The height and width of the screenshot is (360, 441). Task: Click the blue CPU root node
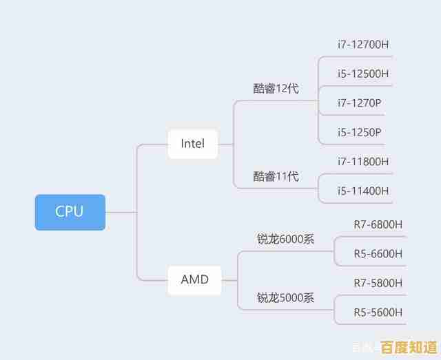pyautogui.click(x=70, y=212)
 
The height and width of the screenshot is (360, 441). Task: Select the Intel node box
pyautogui.click(x=192, y=144)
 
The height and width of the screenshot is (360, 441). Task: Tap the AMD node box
pyautogui.click(x=195, y=279)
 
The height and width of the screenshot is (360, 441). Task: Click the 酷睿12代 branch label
pyautogui.click(x=276, y=89)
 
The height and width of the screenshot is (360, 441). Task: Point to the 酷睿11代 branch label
pyautogui.click(x=276, y=176)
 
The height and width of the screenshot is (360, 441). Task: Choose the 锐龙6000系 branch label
pyautogui.click(x=285, y=240)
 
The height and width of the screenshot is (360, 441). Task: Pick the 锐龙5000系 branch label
pyautogui.click(x=285, y=298)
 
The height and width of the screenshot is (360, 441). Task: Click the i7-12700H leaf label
pyautogui.click(x=362, y=45)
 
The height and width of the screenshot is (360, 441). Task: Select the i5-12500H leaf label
pyautogui.click(x=362, y=74)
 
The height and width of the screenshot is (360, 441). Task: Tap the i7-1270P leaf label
pyautogui.click(x=359, y=103)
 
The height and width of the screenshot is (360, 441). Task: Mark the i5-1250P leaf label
pyautogui.click(x=359, y=132)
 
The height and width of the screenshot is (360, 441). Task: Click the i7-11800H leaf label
pyautogui.click(x=362, y=161)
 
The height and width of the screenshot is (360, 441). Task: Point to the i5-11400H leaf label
pyautogui.click(x=362, y=191)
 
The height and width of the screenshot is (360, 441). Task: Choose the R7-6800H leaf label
pyautogui.click(x=378, y=224)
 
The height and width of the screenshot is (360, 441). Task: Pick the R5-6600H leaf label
pyautogui.click(x=378, y=253)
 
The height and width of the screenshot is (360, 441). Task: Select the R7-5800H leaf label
pyautogui.click(x=378, y=283)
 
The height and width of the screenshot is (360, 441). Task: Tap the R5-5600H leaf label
pyautogui.click(x=378, y=312)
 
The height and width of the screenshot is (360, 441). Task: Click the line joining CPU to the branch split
pyautogui.click(x=121, y=212)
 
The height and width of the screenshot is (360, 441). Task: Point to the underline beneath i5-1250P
pyautogui.click(x=352, y=145)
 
